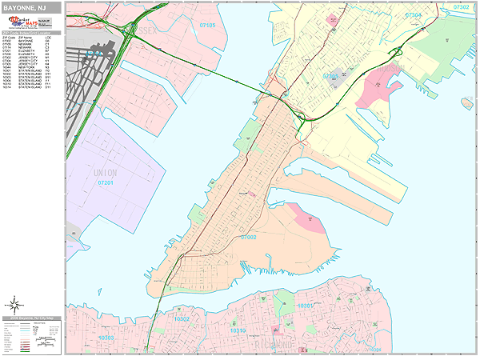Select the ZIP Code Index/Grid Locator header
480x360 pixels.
[32, 33]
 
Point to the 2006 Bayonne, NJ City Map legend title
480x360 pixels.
[32, 318]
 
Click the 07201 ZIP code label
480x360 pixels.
[106, 182]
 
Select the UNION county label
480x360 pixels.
[105, 172]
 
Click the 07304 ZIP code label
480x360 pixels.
[413, 15]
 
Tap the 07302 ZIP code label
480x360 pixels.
[462, 6]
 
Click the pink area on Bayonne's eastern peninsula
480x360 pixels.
[307, 217]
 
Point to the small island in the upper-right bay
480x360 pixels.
[466, 102]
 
